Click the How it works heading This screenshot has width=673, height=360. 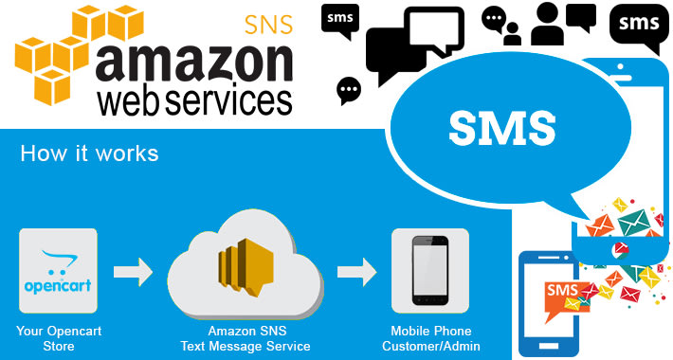(89, 153)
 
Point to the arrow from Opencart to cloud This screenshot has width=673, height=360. (132, 272)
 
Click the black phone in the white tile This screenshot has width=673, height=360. (430, 270)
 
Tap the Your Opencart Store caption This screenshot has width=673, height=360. (59, 338)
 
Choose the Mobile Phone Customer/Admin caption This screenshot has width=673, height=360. (430, 338)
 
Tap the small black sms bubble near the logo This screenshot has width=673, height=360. (340, 21)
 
